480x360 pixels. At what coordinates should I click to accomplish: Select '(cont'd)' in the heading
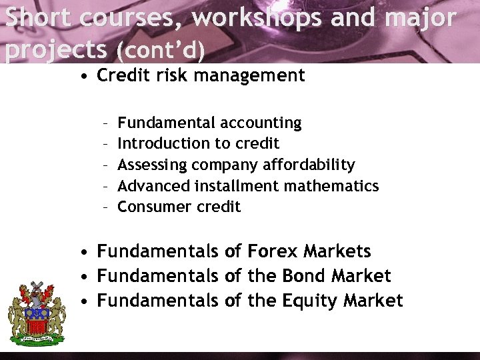pos(160,49)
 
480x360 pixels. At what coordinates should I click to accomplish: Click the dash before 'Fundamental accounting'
pos(106,123)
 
